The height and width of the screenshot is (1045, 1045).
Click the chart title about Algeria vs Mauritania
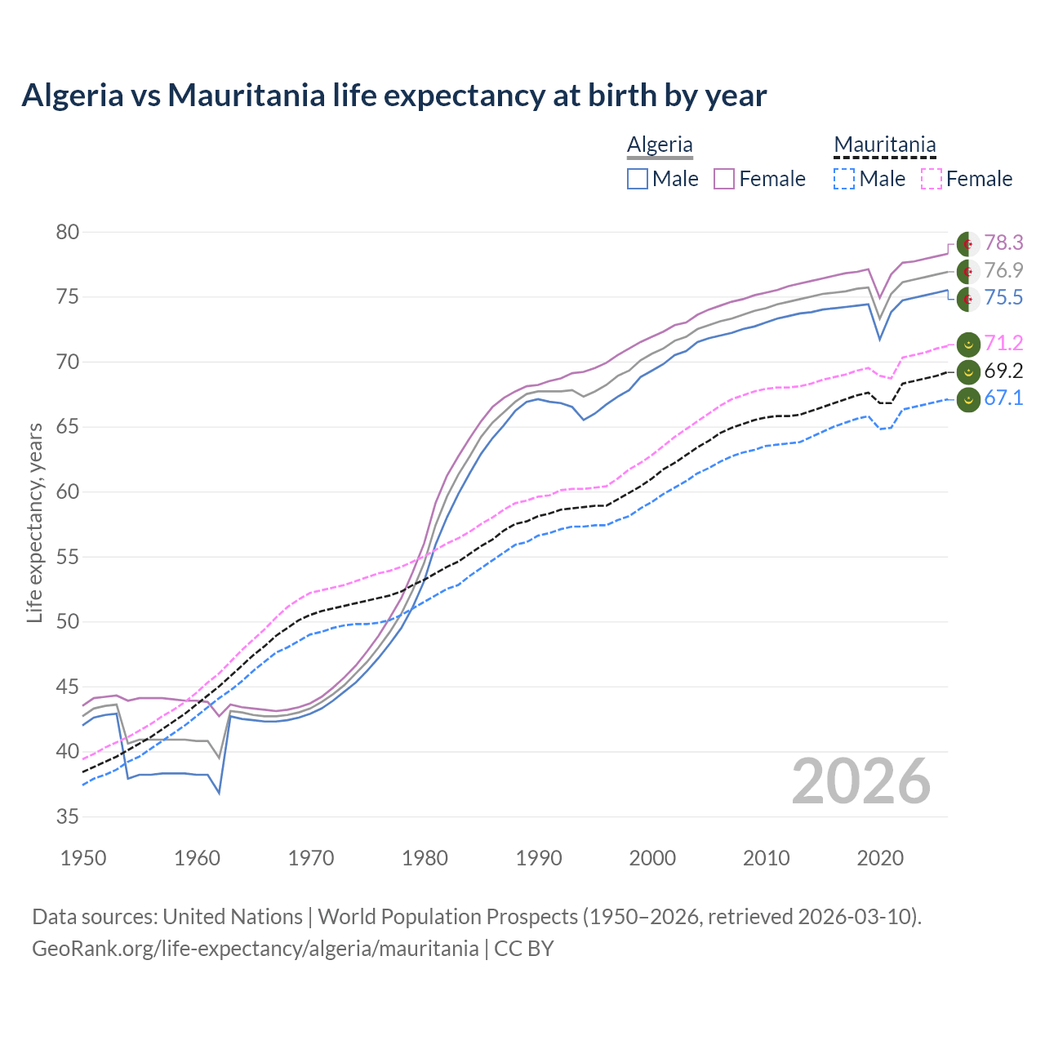tap(394, 96)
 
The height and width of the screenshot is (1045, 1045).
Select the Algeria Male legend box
tap(638, 179)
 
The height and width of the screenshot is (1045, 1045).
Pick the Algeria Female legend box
tap(724, 179)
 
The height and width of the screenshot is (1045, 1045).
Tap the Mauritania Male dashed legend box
tap(844, 179)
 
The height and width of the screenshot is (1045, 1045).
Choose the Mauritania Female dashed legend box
tap(932, 179)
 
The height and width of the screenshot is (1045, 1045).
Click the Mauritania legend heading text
tap(884, 145)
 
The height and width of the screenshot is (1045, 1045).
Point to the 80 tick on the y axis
tap(67, 233)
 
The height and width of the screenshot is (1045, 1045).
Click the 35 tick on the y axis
tap(67, 816)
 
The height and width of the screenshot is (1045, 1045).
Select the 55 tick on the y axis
tap(67, 557)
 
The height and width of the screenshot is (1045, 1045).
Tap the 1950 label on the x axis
tap(83, 858)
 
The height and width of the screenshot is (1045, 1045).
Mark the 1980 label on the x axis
tap(425, 858)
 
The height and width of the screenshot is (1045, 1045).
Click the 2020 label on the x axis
tap(880, 858)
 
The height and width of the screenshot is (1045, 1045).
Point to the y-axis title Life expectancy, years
tap(34, 522)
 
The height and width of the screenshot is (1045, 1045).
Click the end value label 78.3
tap(1003, 242)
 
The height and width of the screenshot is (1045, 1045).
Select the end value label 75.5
tap(1003, 297)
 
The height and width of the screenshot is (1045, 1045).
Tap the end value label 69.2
tap(1003, 371)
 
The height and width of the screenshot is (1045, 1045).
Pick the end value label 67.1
tap(1003, 398)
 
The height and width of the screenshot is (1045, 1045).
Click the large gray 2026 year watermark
tap(861, 781)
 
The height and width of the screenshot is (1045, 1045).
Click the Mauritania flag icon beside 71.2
tap(967, 345)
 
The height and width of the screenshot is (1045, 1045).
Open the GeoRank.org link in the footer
tap(255, 949)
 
